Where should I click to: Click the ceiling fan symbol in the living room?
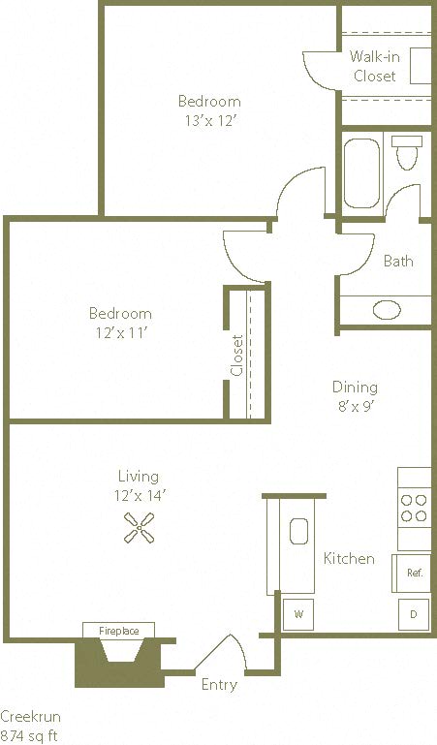[x=139, y=527]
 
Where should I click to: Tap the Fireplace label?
[x=119, y=631]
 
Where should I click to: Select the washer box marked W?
[x=297, y=613]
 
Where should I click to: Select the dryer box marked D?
[x=414, y=614]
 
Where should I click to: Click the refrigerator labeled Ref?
[x=412, y=573]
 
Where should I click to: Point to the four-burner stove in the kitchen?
[x=414, y=509]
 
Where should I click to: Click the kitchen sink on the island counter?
[x=298, y=532]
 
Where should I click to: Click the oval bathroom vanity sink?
[x=387, y=310]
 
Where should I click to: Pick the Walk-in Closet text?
[x=374, y=66]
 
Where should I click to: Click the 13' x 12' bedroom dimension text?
[x=209, y=120]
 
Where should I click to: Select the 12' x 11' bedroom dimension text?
[x=120, y=332]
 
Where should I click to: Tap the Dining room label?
[x=355, y=387]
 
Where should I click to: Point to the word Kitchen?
[x=348, y=559]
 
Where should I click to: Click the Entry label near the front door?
[x=218, y=685]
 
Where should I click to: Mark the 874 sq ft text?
[x=29, y=735]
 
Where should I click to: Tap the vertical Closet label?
[x=237, y=356]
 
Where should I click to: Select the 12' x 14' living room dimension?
[x=138, y=495]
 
